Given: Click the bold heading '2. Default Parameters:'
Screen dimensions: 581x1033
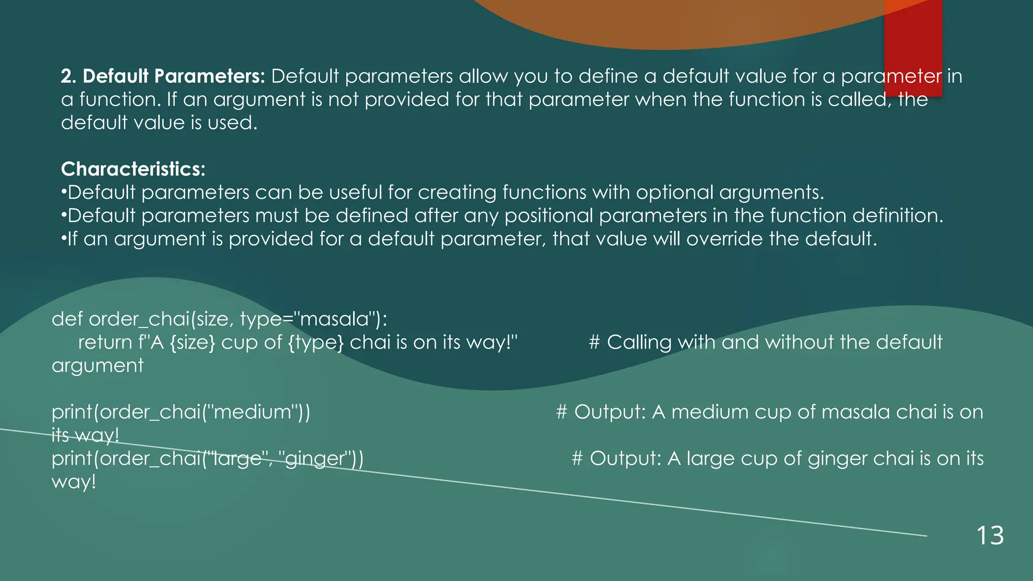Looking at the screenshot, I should pyautogui.click(x=162, y=76).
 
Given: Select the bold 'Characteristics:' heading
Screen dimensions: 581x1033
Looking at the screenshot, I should pyautogui.click(x=133, y=169).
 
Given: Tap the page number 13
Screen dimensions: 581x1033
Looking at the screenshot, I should pyautogui.click(x=990, y=535).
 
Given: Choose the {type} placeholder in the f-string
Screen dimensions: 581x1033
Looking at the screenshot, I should pyautogui.click(x=316, y=343).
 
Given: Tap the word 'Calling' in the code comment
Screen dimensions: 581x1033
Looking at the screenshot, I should pyautogui.click(x=639, y=342).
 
